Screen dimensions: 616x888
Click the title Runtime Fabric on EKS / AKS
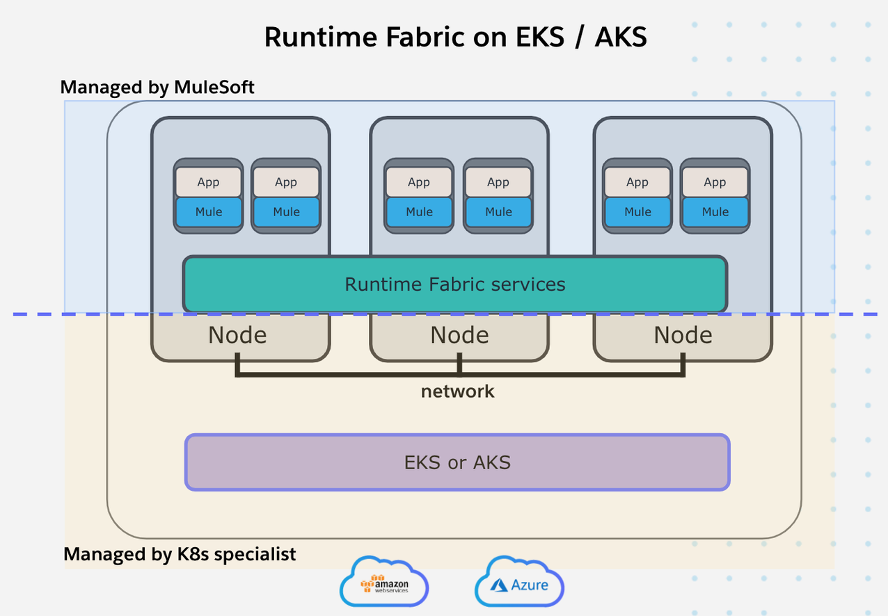455,37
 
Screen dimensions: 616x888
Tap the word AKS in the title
620,37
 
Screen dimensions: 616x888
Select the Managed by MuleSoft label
157,88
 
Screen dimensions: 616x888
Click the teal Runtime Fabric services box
455,284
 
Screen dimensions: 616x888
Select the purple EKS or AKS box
457,462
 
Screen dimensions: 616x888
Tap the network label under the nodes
457,391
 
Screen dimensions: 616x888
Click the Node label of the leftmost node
237,335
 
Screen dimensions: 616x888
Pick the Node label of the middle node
459,335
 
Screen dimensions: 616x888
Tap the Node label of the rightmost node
683,335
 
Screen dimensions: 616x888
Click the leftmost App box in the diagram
208,182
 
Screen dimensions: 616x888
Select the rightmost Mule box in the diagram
715,212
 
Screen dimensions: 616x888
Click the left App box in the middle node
419,182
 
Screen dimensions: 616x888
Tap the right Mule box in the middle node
498,212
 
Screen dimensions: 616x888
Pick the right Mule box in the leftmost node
286,212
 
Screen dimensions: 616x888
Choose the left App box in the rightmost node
637,182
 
